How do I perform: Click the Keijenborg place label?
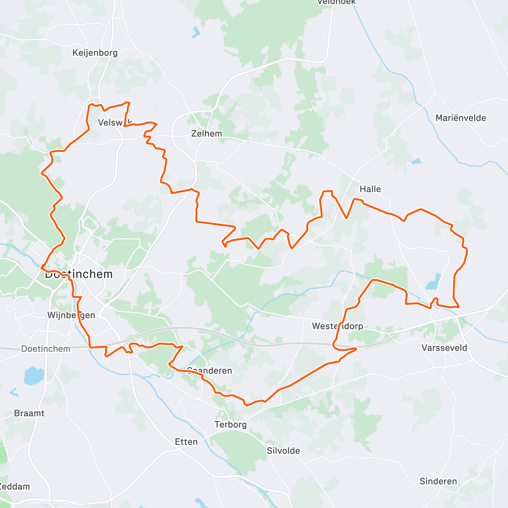[95, 53]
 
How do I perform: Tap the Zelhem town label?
[206, 134]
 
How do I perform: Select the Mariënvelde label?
[461, 118]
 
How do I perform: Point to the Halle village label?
[370, 189]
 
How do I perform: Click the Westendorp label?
[337, 326]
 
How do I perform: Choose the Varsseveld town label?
[444, 348]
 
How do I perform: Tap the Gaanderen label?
[210, 371]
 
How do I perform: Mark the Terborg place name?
[230, 425]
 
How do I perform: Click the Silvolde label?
[283, 451]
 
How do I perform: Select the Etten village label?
[186, 442]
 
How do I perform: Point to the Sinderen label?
[438, 481]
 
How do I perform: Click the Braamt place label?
[29, 413]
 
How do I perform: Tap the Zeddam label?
[15, 486]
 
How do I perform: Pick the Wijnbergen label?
[71, 315]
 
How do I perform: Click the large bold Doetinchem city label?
[79, 274]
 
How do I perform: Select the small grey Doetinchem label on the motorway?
[45, 349]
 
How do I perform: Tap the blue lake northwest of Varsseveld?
[433, 282]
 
